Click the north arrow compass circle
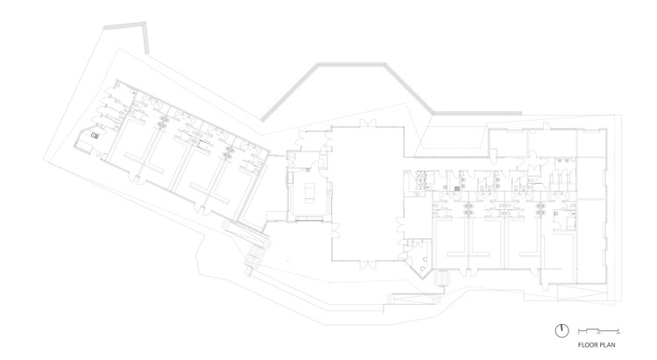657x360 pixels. tap(560, 329)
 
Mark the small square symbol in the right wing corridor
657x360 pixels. tap(457, 187)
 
